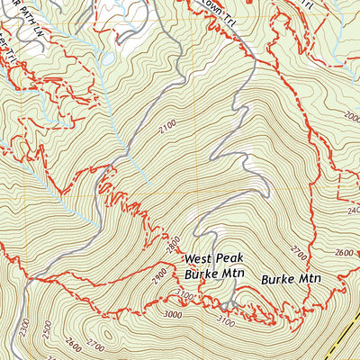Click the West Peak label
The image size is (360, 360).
pyautogui.click(x=212, y=256)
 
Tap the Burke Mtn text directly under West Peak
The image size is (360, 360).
pyautogui.click(x=213, y=271)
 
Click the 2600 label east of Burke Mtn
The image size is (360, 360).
pyautogui.click(x=343, y=253)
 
